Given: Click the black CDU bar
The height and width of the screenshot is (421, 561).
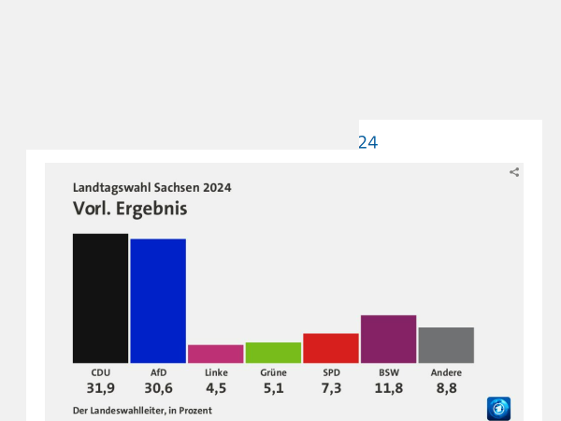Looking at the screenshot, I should click(x=100, y=298).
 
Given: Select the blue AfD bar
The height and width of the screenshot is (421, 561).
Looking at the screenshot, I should click(x=158, y=300).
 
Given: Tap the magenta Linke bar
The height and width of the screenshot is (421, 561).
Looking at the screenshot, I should click(x=216, y=354).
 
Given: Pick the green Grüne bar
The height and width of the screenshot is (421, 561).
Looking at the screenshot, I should click(x=273, y=353).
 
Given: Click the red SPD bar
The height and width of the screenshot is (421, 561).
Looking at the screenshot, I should click(x=331, y=348).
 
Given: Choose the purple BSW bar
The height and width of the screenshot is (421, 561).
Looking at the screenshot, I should click(x=388, y=339).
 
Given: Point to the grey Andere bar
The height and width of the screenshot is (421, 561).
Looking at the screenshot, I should click(x=446, y=345).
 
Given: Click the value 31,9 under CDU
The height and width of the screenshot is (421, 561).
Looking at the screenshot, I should click(x=100, y=388).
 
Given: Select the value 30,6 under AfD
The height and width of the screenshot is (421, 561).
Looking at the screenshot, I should click(x=158, y=388).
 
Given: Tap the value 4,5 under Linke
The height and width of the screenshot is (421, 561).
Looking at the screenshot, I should click(x=216, y=388).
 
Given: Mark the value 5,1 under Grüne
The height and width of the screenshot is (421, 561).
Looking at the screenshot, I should click(x=273, y=388).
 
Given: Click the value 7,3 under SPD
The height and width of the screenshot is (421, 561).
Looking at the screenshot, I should click(x=331, y=388).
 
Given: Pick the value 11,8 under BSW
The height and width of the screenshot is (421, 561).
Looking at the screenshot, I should click(x=389, y=388).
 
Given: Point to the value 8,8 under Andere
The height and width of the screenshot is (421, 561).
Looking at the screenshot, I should click(x=446, y=388).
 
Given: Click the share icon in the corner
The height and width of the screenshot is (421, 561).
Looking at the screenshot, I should click(x=514, y=172).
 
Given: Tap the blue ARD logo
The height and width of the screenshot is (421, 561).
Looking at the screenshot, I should click(x=498, y=409).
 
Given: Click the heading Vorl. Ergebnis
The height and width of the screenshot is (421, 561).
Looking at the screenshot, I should click(x=130, y=209).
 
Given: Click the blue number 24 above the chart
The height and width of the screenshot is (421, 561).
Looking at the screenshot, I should click(x=367, y=143).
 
